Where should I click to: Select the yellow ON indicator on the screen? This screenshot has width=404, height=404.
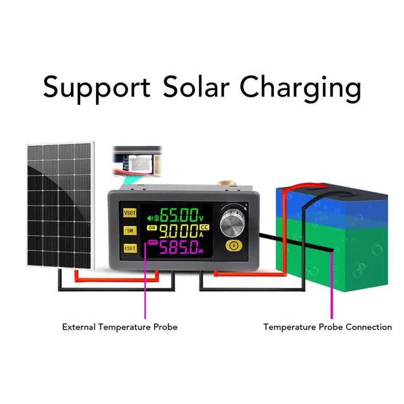[151, 228]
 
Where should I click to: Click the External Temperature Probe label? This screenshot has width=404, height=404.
[119, 327]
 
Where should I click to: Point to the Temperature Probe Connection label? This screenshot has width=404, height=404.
[327, 327]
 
